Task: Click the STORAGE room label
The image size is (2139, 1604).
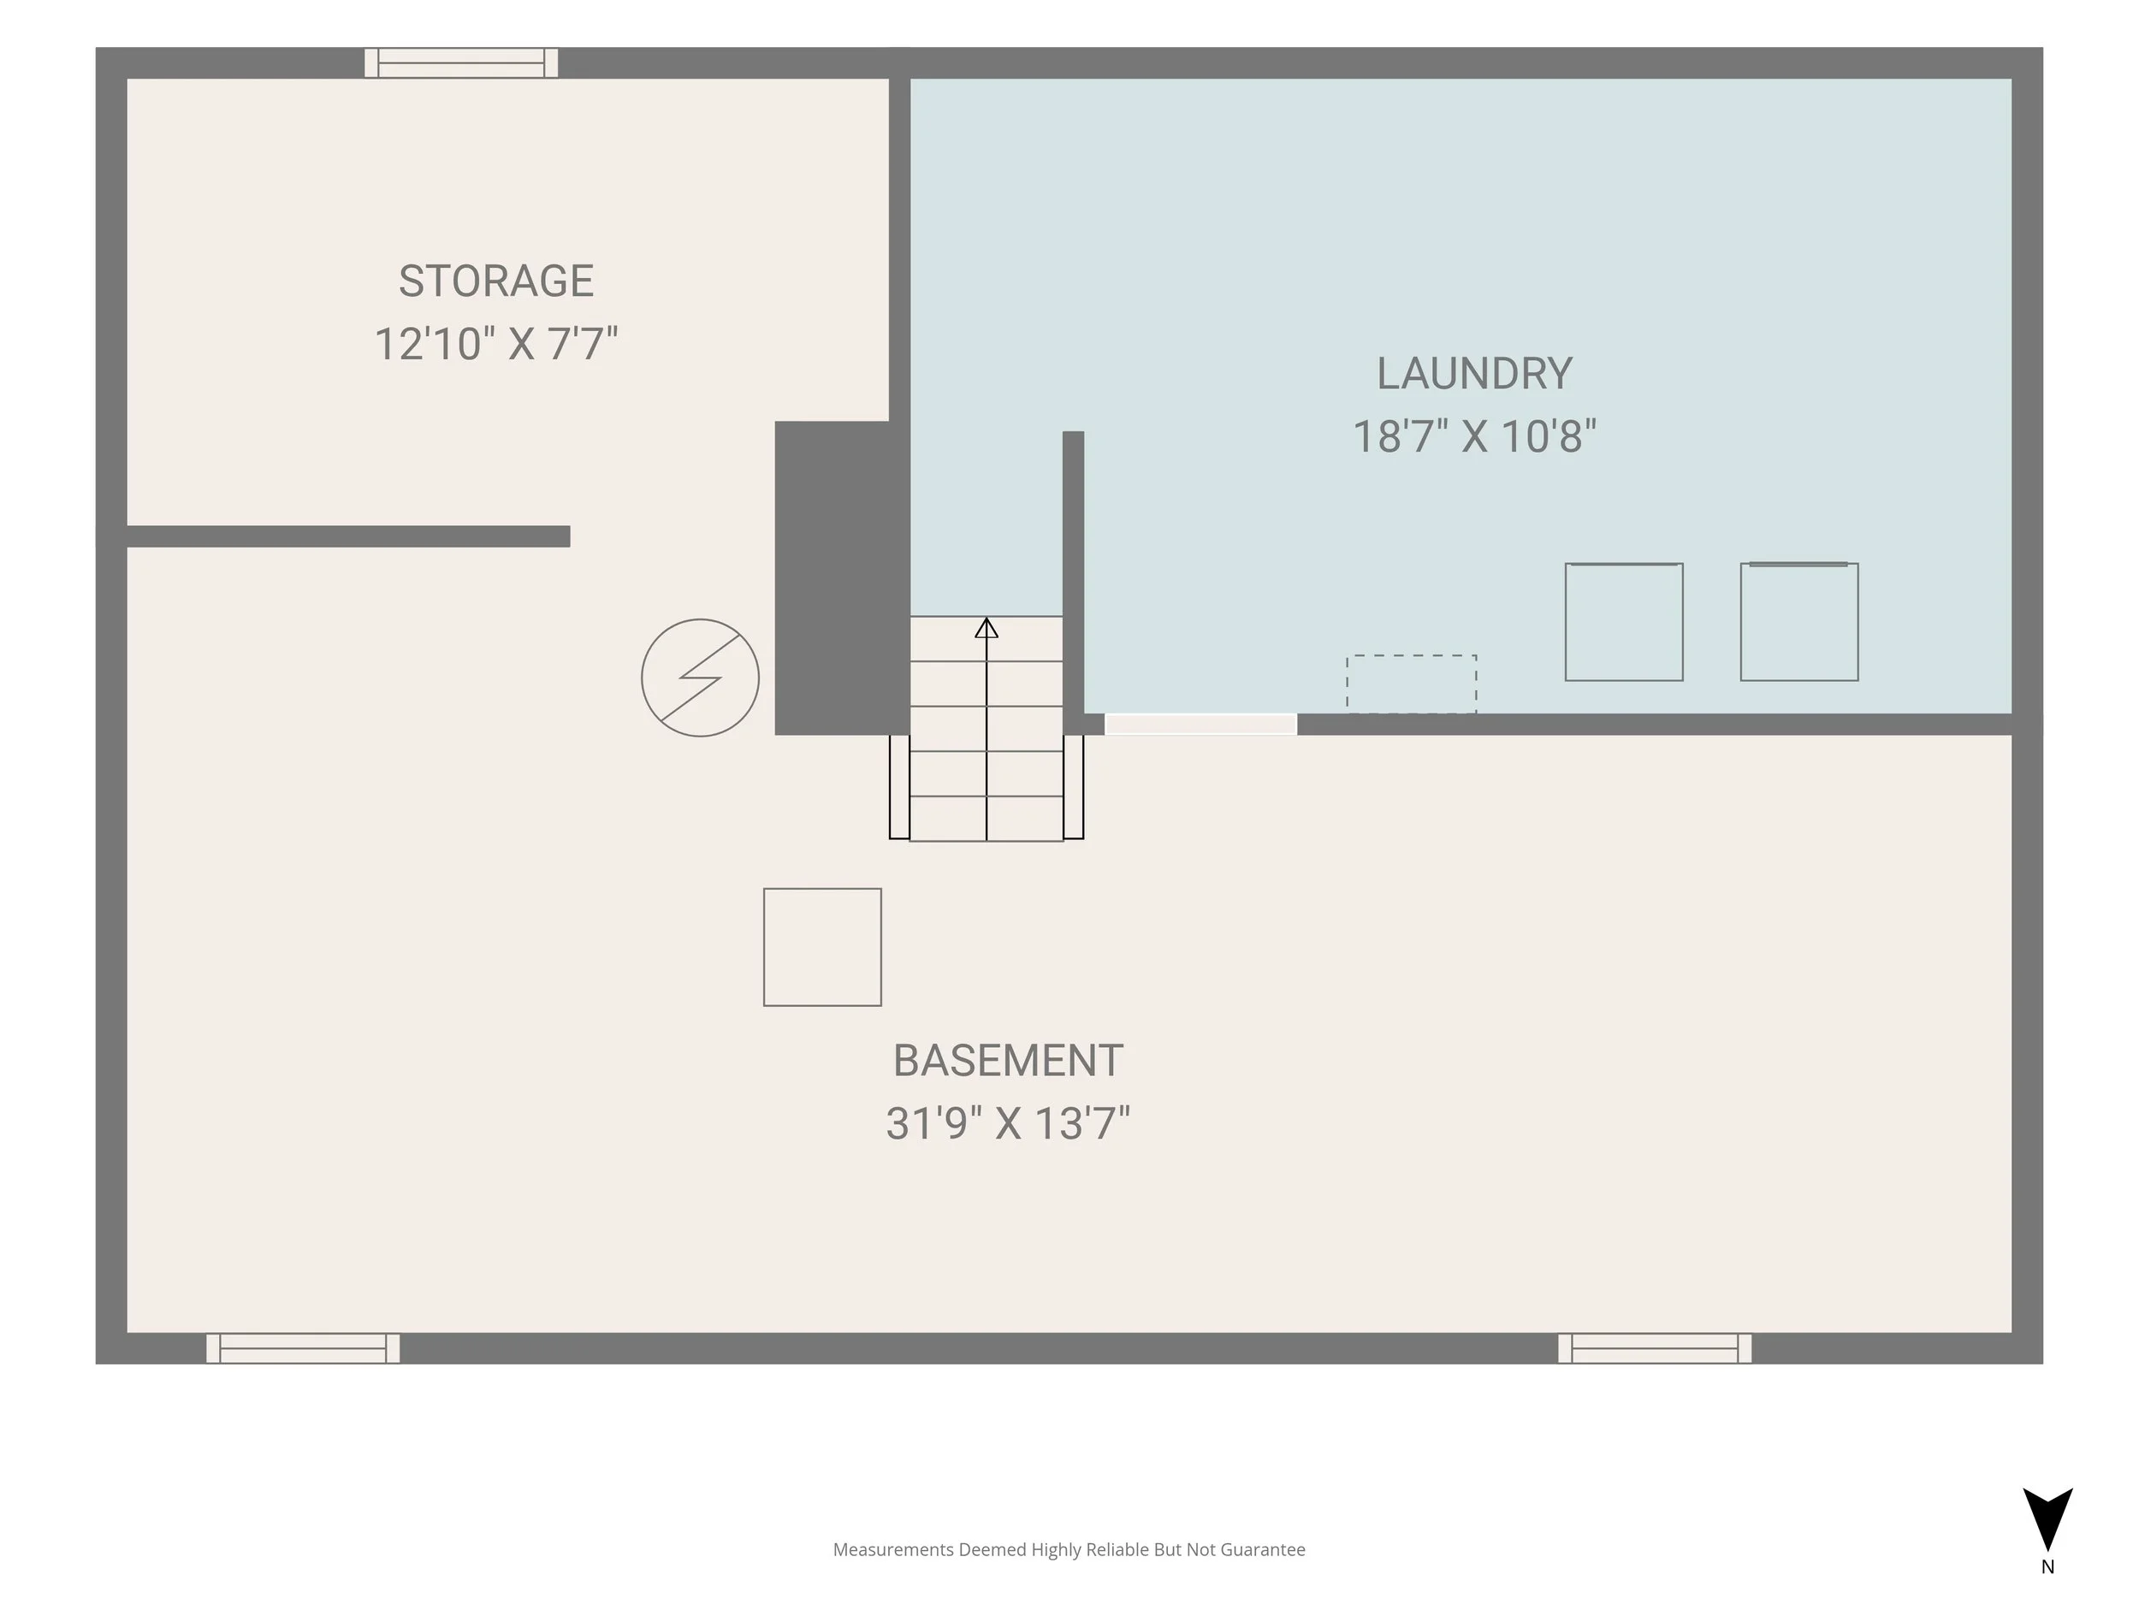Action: pos(496,281)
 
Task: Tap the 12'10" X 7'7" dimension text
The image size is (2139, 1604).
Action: pos(496,343)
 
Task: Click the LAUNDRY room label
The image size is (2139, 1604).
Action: pos(1475,374)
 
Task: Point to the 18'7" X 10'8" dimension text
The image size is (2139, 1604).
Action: pos(1475,436)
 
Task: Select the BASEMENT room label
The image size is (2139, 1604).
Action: pos(1008,1061)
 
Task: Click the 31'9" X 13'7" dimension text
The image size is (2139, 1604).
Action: pos(1008,1123)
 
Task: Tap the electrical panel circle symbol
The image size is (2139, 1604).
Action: pos(700,678)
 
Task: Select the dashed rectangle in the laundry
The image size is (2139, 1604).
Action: pos(1412,684)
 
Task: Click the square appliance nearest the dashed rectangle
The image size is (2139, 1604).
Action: pos(1625,622)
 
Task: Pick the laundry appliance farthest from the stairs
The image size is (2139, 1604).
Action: pos(1799,622)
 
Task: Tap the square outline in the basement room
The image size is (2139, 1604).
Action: pos(823,948)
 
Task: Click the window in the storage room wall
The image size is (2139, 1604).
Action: pos(461,62)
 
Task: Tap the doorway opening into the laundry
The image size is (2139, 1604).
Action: pos(1201,725)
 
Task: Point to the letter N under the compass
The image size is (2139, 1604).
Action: pos(2048,1567)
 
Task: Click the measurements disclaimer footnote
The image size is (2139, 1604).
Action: pos(1069,1550)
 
